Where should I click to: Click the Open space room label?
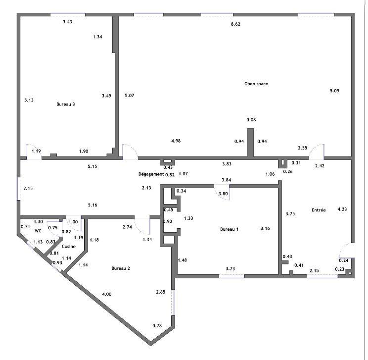256,84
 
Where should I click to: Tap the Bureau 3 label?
65,104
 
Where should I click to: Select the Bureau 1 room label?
230,229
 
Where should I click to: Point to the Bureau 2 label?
121,268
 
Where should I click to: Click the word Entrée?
319,210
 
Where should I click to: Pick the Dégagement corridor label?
151,174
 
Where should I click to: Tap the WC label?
38,231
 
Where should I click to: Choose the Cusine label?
69,247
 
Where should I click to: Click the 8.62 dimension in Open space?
235,24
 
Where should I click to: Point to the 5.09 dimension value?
334,91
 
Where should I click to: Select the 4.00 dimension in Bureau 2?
107,294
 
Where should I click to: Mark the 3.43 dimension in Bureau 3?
67,22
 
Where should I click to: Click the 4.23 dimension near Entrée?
342,209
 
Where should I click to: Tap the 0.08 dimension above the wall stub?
251,120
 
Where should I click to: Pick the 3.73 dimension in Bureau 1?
230,268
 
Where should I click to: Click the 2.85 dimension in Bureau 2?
161,292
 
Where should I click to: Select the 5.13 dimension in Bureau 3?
29,100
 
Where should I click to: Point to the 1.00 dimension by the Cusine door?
73,222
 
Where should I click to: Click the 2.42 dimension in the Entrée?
320,166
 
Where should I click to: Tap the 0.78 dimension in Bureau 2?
157,326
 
